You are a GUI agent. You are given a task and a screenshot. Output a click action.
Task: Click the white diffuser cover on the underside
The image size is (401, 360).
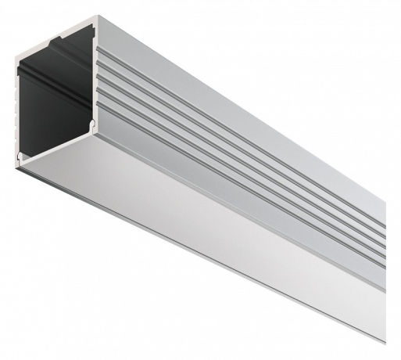(195, 227)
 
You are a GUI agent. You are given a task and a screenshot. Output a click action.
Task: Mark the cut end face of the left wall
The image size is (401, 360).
(18, 110)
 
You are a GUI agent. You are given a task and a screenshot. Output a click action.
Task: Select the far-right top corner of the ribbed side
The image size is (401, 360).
(385, 205)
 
